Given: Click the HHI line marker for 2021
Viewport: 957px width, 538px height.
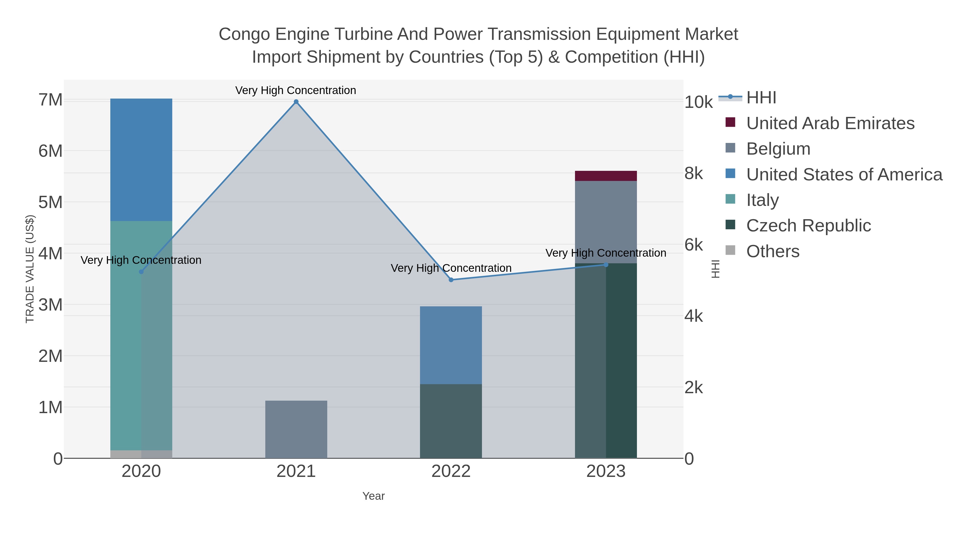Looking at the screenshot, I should (296, 102).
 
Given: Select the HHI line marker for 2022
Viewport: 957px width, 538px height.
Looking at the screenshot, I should (451, 280).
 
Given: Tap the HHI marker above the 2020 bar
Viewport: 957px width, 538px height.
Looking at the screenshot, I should (141, 272).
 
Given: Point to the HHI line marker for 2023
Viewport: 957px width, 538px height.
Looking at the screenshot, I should (606, 265).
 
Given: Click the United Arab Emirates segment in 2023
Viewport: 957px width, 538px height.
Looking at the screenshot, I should (606, 176).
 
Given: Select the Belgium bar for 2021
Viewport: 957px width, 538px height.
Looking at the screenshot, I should (296, 429).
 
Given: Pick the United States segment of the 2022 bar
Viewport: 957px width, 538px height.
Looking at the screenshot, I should (451, 345).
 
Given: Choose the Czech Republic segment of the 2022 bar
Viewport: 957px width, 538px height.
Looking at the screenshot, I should (451, 421).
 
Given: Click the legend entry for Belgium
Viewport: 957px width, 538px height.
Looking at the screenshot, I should (778, 149).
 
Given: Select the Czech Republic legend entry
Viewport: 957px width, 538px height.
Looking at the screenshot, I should (808, 226).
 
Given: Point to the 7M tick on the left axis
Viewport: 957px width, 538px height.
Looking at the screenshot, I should (51, 100).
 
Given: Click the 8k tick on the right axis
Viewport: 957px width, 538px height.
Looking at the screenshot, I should (694, 173).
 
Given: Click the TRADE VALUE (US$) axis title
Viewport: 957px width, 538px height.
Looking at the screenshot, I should (30, 269).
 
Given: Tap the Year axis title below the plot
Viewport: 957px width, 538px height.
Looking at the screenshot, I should (373, 496).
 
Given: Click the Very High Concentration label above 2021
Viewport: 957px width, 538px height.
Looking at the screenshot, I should (296, 90).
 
